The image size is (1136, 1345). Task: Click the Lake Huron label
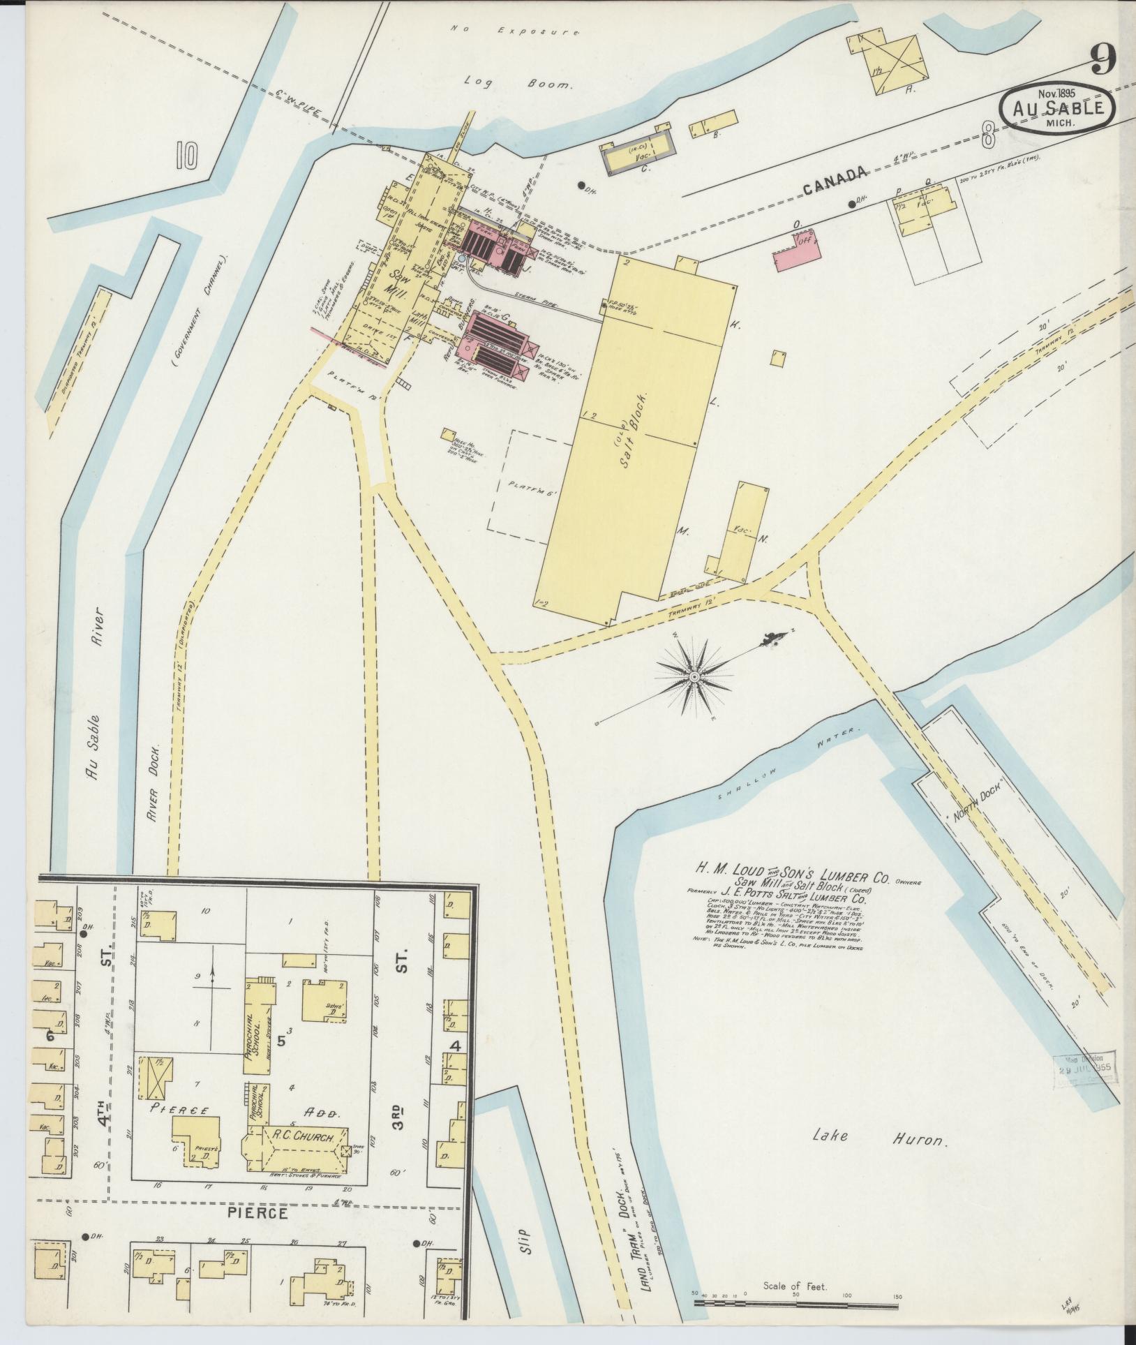[x=880, y=1138]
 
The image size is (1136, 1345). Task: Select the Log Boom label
[x=519, y=84]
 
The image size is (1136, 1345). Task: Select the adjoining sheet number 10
[x=187, y=155]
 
